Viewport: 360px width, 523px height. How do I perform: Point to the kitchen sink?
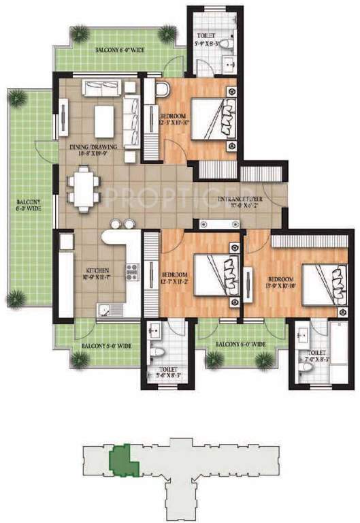[x=109, y=311]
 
